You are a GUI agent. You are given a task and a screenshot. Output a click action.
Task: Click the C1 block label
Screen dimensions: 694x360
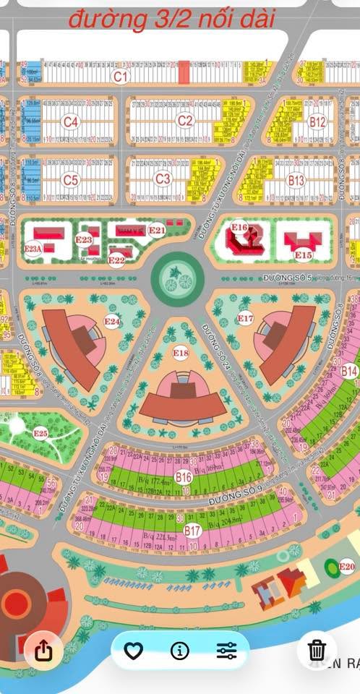(x=120, y=74)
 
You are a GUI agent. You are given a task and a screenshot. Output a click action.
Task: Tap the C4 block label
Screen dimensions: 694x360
(x=70, y=121)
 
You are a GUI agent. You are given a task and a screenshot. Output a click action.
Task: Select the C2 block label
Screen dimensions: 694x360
(x=186, y=121)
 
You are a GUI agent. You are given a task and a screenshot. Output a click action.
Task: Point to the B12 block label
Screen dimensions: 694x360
(x=317, y=121)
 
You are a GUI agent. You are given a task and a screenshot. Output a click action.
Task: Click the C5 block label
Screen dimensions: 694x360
(x=70, y=179)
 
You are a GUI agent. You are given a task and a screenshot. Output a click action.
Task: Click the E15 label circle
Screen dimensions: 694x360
(x=303, y=254)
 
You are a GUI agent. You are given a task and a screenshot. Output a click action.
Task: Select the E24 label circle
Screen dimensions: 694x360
(x=112, y=321)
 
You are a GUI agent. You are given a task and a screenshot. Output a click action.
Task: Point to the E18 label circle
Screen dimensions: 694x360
(x=181, y=353)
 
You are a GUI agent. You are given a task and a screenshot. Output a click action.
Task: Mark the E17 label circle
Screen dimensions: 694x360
(x=246, y=318)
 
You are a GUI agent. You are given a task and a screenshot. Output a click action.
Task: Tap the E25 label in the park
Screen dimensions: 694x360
(x=40, y=434)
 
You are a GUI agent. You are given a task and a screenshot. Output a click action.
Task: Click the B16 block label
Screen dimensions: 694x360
(x=184, y=477)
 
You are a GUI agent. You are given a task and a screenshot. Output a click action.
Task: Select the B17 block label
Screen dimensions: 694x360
(x=192, y=531)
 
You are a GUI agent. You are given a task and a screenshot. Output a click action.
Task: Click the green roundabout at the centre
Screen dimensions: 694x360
(x=177, y=275)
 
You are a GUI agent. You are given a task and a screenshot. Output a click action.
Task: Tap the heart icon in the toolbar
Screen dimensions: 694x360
(x=133, y=651)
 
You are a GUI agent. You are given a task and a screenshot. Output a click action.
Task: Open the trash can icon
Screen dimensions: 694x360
(x=317, y=649)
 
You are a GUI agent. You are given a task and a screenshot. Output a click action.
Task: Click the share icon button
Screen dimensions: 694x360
(x=43, y=651)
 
